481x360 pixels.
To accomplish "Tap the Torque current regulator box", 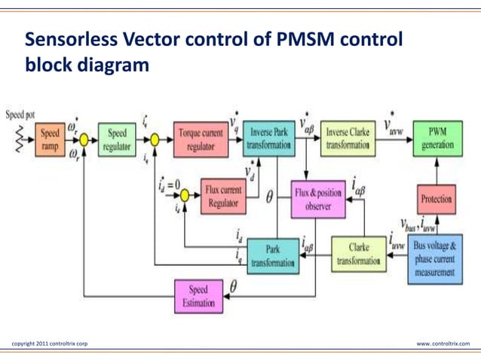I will pyautogui.click(x=200, y=139).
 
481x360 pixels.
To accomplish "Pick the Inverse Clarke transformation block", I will pyautogui.click(x=348, y=139).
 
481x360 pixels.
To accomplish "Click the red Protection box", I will pyautogui.click(x=437, y=200).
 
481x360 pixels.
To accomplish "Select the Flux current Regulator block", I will pyautogui.click(x=223, y=197).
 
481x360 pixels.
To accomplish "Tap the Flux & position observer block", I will pyautogui.click(x=317, y=199).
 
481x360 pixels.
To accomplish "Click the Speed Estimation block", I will pyautogui.click(x=198, y=295).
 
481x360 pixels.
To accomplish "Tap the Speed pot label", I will pyautogui.click(x=20, y=115).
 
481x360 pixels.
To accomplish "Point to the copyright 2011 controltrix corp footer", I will pyautogui.click(x=50, y=344).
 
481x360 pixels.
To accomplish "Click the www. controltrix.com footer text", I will pyautogui.click(x=443, y=344).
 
